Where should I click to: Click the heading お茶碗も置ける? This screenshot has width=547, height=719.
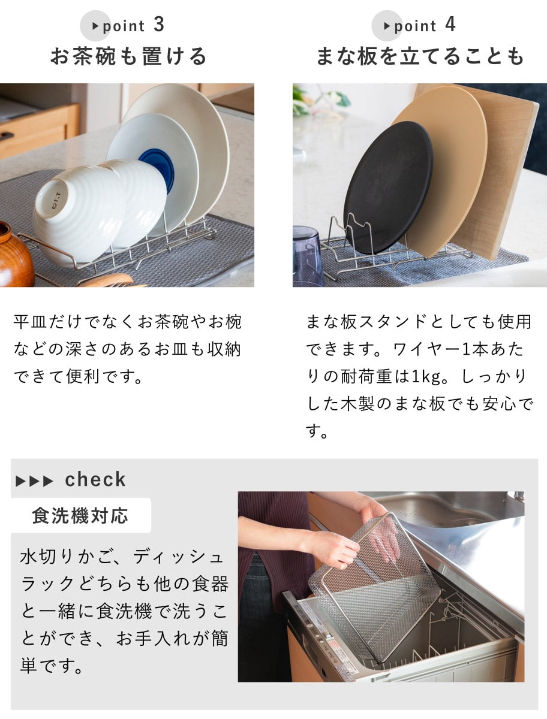(x=128, y=56)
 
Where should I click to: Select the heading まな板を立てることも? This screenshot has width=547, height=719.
(x=420, y=56)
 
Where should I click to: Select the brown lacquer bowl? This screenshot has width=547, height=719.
(x=15, y=255)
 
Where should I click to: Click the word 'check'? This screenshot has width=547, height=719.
(x=95, y=479)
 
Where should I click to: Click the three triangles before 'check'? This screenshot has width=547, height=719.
(x=34, y=481)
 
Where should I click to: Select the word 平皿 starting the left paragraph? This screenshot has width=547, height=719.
(x=31, y=322)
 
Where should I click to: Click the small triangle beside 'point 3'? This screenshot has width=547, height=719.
(x=95, y=26)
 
